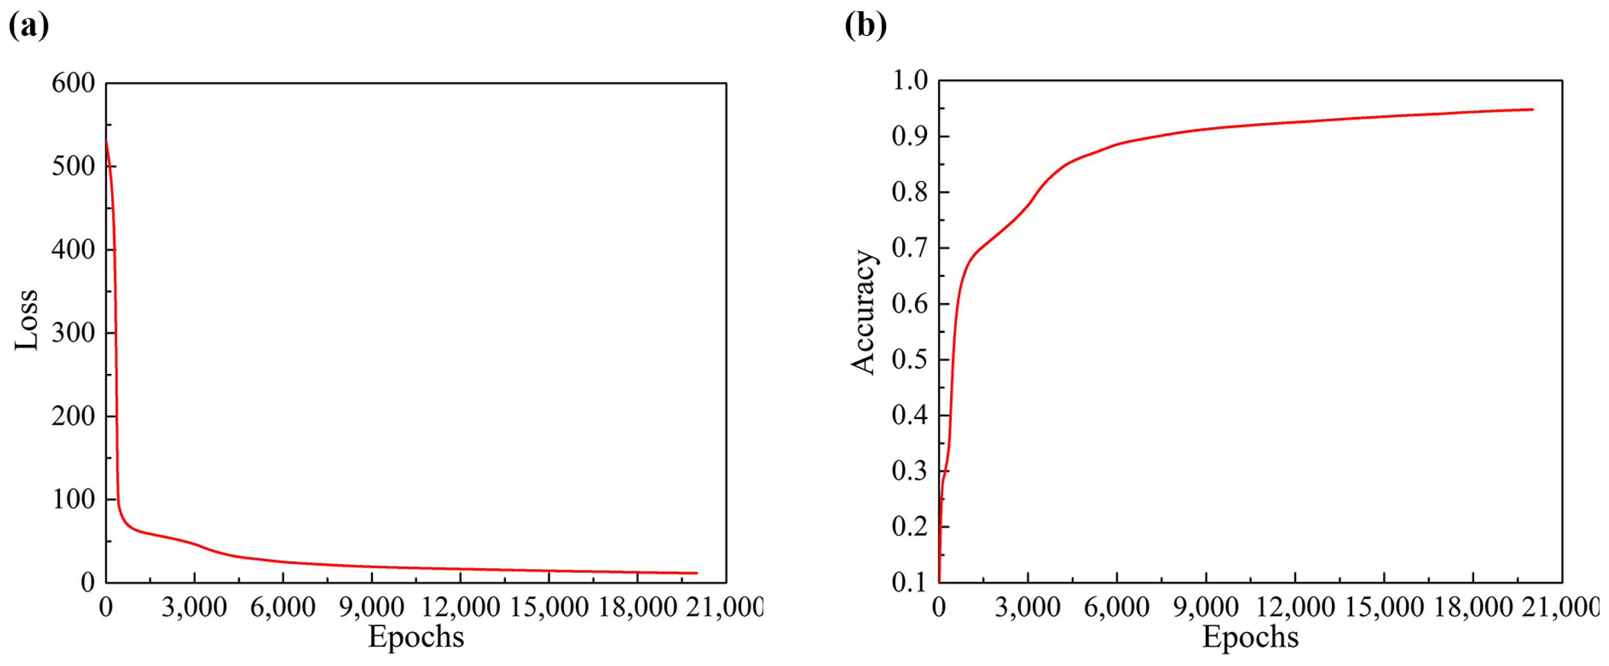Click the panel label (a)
point(29,26)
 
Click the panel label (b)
point(865,26)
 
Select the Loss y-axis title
point(27,320)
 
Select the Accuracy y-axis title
point(864,313)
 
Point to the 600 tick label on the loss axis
point(73,83)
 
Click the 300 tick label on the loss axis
point(73,333)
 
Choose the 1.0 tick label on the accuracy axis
point(910,81)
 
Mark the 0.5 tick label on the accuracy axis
point(910,359)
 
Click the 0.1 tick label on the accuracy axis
point(910,582)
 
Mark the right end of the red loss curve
point(697,573)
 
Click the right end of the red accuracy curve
point(1532,110)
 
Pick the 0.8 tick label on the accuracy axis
point(910,192)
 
